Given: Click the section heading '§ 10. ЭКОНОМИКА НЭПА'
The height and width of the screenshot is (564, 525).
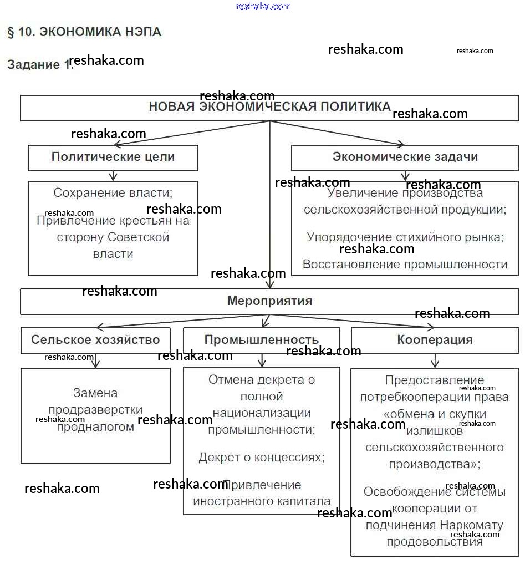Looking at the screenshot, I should [84, 32].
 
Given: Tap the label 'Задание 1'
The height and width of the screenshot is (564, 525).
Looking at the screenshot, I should [39, 65].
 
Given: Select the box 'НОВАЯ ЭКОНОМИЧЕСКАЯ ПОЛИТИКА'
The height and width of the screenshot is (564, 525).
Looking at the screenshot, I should [269, 108].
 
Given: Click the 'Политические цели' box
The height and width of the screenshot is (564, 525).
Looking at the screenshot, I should [113, 157].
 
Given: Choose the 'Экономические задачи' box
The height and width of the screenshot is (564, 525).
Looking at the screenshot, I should [405, 157].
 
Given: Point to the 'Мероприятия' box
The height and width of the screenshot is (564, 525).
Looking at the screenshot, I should [269, 301].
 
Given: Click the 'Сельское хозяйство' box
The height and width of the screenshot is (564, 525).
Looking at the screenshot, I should [95, 340].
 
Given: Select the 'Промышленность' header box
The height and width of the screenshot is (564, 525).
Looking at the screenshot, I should [262, 340].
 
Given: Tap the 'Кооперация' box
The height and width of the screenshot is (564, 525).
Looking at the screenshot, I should [435, 340].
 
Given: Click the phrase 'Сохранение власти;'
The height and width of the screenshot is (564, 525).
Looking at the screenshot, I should [113, 193].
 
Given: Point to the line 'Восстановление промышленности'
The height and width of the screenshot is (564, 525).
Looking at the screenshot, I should [405, 265].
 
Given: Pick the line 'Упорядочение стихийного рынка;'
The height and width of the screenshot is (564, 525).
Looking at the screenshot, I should [405, 237].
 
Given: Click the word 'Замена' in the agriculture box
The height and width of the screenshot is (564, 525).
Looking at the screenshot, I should [95, 393].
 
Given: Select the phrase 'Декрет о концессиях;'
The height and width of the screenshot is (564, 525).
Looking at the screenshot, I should [262, 457].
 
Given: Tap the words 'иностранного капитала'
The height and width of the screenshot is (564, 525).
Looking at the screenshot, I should [262, 501].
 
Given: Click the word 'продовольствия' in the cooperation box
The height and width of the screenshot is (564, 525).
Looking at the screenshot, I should [435, 542].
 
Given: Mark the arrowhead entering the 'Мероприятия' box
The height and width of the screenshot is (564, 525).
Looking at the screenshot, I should [269, 284].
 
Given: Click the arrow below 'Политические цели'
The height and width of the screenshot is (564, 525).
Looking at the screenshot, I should [113, 176].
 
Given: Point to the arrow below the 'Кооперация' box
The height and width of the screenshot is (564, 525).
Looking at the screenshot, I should [435, 361].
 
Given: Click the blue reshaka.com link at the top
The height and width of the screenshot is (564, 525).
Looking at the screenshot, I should [263, 6].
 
